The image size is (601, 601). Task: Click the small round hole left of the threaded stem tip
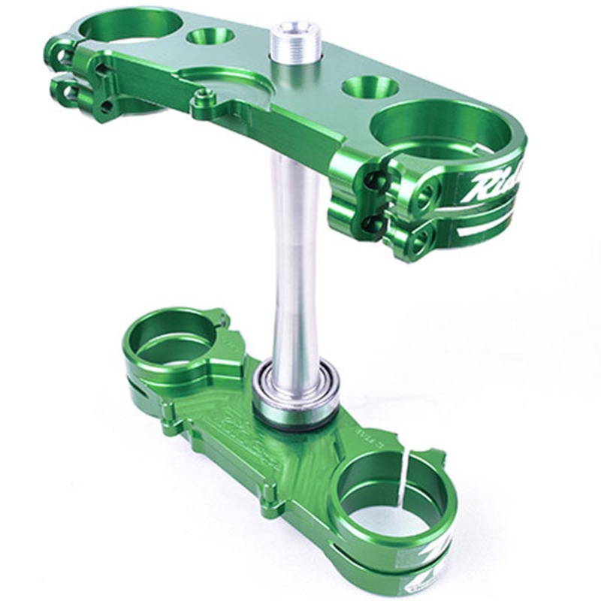point(210,35)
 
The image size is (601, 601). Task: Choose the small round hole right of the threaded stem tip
point(370,86)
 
